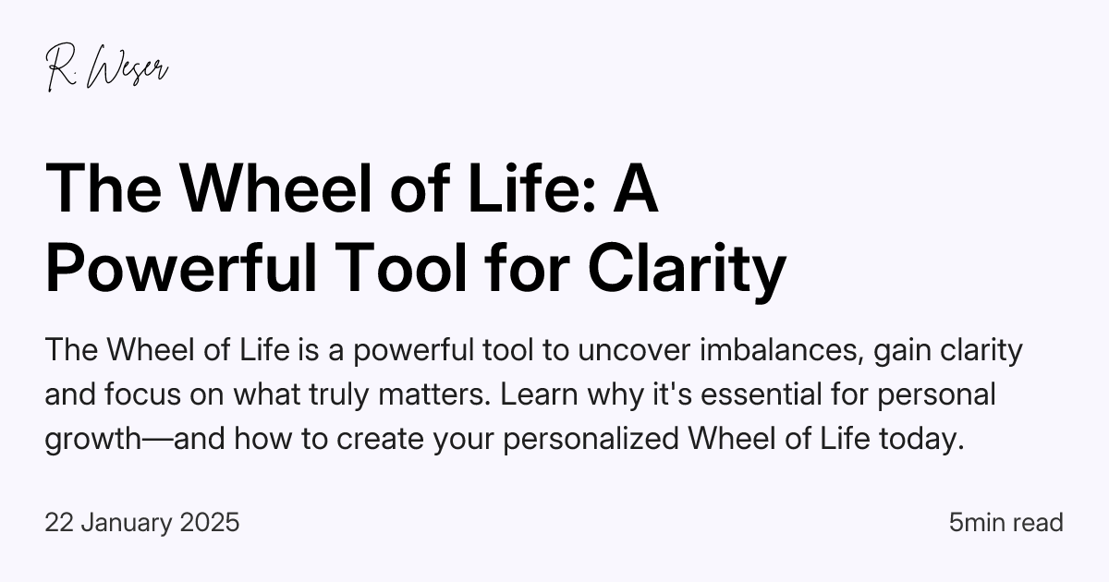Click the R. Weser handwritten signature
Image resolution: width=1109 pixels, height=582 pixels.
click(x=107, y=68)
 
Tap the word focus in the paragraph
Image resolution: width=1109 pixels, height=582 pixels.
click(x=143, y=394)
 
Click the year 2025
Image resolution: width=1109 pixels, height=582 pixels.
click(x=211, y=523)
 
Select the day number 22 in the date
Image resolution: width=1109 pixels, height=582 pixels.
click(x=58, y=523)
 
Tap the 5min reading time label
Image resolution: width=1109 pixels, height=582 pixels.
click(x=978, y=523)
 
